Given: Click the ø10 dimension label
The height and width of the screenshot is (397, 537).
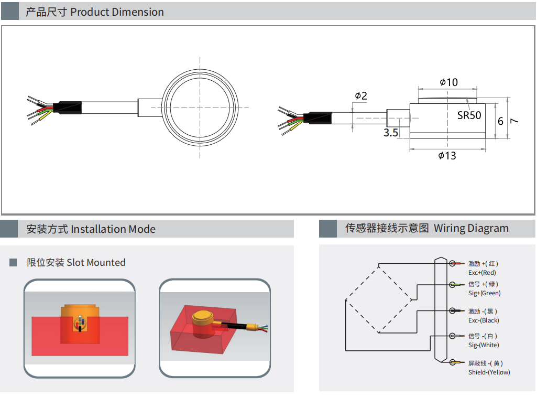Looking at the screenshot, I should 448,82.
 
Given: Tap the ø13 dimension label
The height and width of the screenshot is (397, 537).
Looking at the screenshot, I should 447,156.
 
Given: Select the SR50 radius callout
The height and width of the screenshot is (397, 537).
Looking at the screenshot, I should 469,115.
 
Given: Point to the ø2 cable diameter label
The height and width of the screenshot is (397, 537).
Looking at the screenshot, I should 360,96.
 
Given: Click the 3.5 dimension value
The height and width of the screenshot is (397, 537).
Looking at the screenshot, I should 391,133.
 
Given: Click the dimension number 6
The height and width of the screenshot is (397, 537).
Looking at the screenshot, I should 500,121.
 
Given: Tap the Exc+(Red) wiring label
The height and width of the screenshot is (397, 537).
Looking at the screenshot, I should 482,273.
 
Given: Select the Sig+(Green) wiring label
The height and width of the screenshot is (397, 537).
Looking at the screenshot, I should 484,293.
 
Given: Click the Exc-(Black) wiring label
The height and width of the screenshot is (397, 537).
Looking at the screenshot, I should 484,320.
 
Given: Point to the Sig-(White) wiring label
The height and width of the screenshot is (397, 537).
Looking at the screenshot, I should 484,345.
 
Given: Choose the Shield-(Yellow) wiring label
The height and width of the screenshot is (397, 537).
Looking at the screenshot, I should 489,372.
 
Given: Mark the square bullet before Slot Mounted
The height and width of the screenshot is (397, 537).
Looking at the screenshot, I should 13,262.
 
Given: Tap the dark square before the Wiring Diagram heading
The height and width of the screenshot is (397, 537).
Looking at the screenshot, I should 328,229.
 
